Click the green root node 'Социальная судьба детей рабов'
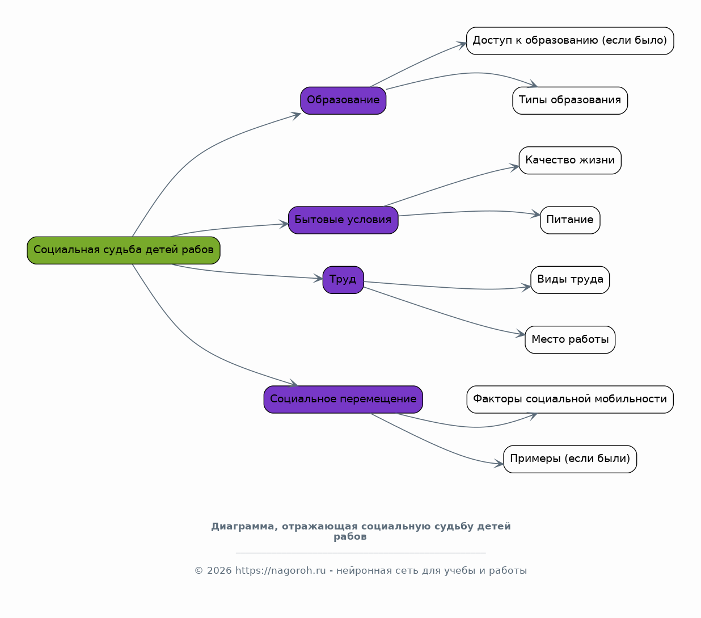(124, 250)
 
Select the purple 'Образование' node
(343, 100)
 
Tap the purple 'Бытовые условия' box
(343, 220)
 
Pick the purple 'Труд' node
(343, 280)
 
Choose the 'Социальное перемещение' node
(343, 400)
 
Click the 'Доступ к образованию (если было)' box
(570, 41)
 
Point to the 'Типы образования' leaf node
(570, 100)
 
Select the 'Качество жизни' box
(570, 160)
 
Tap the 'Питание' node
(570, 220)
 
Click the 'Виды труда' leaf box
(570, 280)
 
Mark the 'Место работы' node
(570, 339)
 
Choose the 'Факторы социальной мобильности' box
(570, 400)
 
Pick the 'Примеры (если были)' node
(570, 459)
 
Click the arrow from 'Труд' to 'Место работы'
(444, 314)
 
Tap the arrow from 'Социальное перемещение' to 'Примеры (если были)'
(434, 445)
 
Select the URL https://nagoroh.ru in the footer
(281, 570)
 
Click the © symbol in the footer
(199, 570)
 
